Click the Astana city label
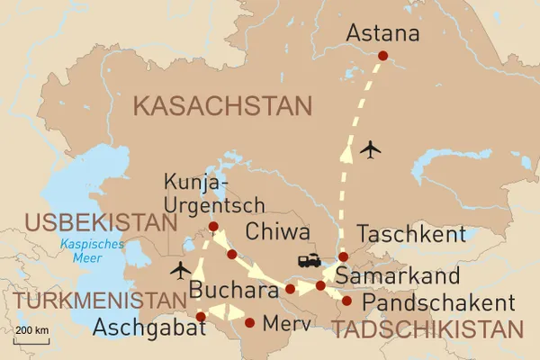pyautogui.click(x=383, y=35)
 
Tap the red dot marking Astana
pyautogui.click(x=382, y=56)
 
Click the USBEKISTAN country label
pyautogui.click(x=99, y=222)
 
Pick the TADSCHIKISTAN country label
pyautogui.click(x=427, y=328)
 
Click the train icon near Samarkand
pyautogui.click(x=310, y=261)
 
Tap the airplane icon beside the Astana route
pyautogui.click(x=370, y=148)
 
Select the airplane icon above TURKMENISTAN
pyautogui.click(x=181, y=269)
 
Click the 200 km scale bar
pyautogui.click(x=31, y=339)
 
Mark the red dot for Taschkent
pyautogui.click(x=343, y=257)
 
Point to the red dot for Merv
pyautogui.click(x=249, y=323)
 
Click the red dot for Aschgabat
pyautogui.click(x=201, y=317)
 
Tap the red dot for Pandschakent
pyautogui.click(x=346, y=301)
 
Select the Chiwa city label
pyautogui.click(x=276, y=232)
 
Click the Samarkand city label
pyautogui.click(x=397, y=275)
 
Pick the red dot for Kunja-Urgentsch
pyautogui.click(x=213, y=226)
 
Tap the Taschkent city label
pyautogui.click(x=412, y=235)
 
